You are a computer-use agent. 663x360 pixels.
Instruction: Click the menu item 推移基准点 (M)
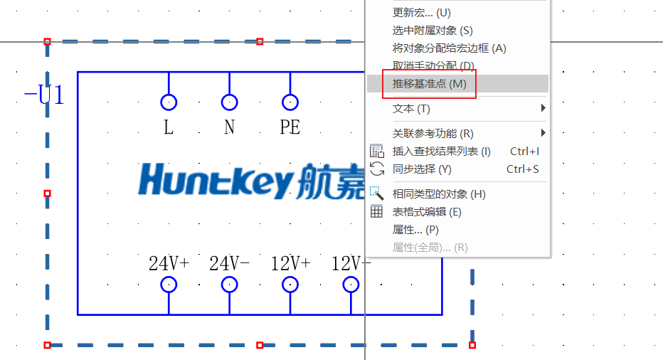(x=429, y=84)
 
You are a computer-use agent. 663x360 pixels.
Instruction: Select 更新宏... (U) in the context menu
(x=421, y=13)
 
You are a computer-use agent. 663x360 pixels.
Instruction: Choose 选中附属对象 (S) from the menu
(x=432, y=31)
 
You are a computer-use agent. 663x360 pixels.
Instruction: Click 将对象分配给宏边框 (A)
(x=449, y=48)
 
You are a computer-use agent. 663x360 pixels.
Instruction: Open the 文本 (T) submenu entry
(x=411, y=109)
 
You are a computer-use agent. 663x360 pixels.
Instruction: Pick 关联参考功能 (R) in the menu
(x=433, y=133)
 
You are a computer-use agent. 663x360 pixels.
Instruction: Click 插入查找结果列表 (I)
(x=441, y=151)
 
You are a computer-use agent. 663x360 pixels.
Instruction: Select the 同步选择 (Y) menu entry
(x=422, y=169)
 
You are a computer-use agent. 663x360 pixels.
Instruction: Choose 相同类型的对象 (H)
(x=439, y=194)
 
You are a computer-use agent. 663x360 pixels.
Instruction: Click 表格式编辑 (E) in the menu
(x=427, y=211)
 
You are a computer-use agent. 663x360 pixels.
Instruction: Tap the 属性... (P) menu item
(x=415, y=230)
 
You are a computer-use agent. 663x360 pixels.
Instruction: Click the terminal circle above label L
(x=169, y=102)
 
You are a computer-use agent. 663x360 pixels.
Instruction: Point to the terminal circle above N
(x=229, y=102)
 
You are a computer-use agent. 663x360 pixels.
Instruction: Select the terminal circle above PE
(x=290, y=102)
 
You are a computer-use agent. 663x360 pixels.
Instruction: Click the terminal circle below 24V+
(x=169, y=285)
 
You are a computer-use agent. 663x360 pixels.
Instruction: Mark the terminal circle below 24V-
(x=229, y=285)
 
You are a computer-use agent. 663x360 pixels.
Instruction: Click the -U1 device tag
(x=44, y=95)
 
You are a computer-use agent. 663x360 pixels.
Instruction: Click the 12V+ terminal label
(x=290, y=263)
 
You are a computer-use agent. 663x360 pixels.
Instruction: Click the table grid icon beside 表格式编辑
(x=377, y=211)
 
